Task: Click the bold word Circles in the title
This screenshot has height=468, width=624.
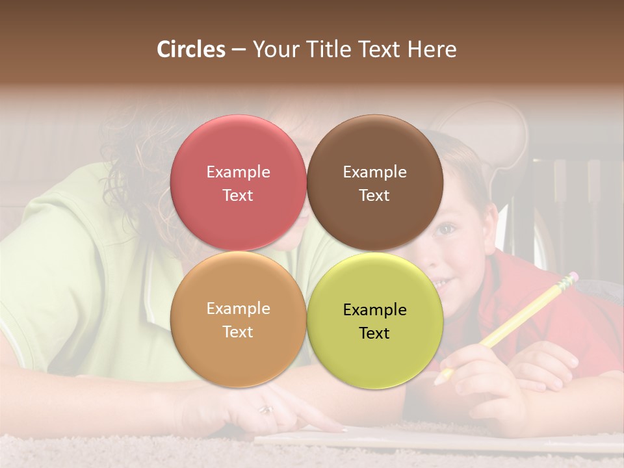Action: point(191,49)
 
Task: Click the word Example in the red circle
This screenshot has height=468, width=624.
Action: point(238,172)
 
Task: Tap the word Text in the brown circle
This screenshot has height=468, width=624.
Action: point(374,196)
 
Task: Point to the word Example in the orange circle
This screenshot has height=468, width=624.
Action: point(238,309)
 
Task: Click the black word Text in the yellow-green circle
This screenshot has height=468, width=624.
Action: point(374,333)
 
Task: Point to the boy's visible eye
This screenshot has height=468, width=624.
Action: point(447,229)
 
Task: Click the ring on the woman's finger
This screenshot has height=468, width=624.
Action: point(266,409)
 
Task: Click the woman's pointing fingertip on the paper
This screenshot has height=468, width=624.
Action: point(341,428)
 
